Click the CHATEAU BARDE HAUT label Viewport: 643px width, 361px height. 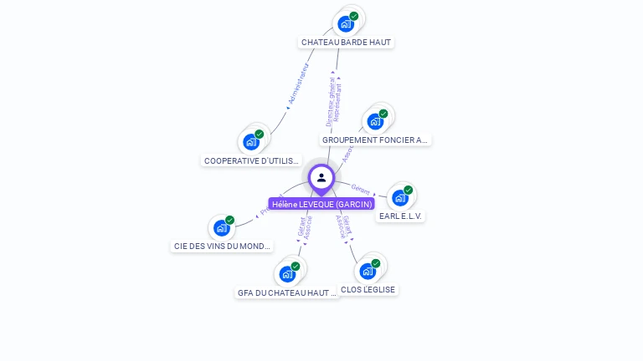pos(346,42)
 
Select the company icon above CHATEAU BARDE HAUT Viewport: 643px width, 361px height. pos(346,23)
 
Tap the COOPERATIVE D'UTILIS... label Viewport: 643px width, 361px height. pos(251,160)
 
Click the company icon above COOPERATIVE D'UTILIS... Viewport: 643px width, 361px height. pos(251,141)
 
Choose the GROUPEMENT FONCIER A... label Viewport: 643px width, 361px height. pos(375,140)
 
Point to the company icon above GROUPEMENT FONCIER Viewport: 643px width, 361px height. pos(375,121)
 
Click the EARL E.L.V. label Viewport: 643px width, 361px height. pos(401,216)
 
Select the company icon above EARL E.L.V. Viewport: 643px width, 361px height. pos(400,197)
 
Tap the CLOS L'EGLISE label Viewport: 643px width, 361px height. pos(368,289)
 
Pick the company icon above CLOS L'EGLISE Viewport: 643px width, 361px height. pos(368,271)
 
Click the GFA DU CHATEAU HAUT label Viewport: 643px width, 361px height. pos(287,292)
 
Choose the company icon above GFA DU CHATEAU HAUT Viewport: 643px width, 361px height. pos(287,273)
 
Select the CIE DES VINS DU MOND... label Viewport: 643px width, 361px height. pos(222,246)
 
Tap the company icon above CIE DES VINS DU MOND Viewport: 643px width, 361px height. pos(221,227)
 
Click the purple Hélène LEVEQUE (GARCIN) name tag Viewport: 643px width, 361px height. pos(321,204)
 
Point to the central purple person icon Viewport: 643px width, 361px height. pos(321,177)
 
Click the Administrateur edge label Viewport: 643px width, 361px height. pos(298,84)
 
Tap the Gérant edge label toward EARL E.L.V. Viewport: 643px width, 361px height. pos(361,189)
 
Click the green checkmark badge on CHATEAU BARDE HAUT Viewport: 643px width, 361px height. pos(354,16)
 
